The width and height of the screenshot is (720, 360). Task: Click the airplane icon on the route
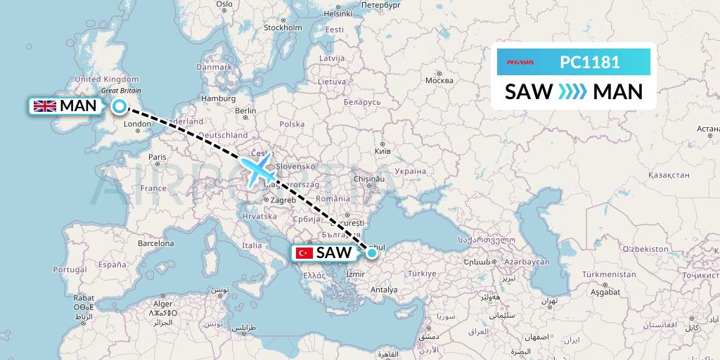pos(257,171)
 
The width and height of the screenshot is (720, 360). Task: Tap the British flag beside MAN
pos(46,106)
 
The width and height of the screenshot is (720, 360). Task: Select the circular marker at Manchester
pos(120,107)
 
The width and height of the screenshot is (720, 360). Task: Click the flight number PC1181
pos(590,63)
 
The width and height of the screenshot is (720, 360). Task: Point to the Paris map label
pos(157,157)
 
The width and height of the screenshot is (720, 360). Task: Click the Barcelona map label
pos(156,243)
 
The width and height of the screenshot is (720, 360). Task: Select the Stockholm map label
pos(283,27)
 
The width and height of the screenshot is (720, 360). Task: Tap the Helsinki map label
pos(337,13)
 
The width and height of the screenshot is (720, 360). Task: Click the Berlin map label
pos(246,110)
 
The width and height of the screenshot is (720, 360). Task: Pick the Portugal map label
pos(70,269)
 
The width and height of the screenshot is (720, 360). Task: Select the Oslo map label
pos(224,4)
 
